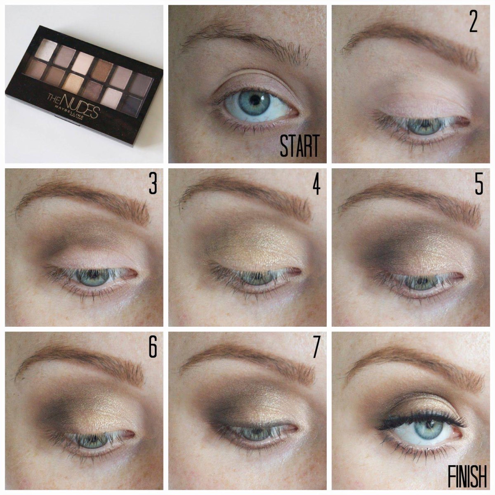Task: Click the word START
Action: [299, 146]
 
